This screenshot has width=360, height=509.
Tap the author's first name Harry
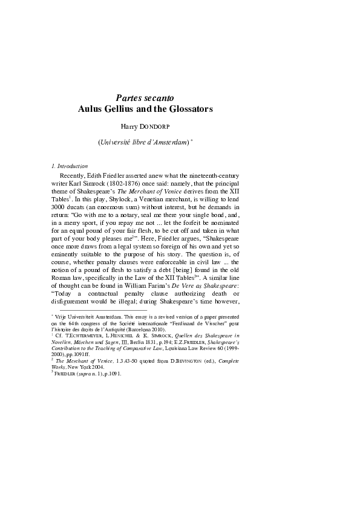pyautogui.click(x=131, y=128)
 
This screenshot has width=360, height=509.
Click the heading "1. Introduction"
pyautogui.click(x=70, y=166)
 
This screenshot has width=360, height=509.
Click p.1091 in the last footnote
pyautogui.click(x=111, y=374)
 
